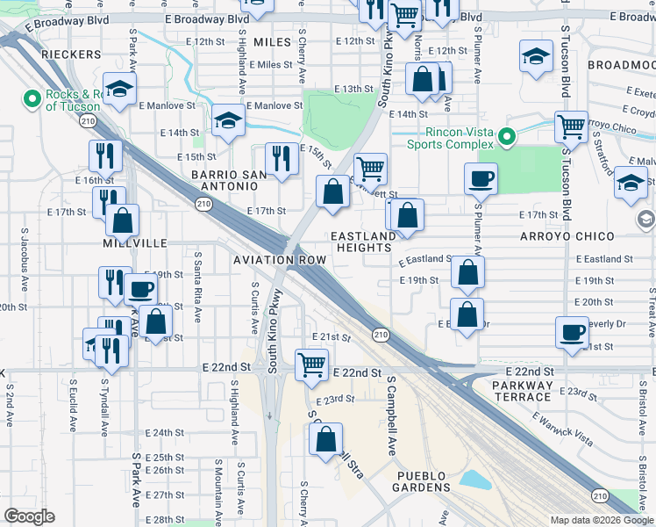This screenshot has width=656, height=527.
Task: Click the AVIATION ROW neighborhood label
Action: coord(279,260)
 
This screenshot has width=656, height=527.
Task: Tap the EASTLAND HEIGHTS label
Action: coord(362,242)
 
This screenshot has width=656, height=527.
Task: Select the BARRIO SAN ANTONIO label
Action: coord(228,183)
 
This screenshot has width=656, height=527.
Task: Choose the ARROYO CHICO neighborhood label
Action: coord(589,237)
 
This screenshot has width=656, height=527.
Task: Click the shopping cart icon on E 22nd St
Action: coord(312,364)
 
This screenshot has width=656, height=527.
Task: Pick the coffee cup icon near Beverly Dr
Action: coord(572,333)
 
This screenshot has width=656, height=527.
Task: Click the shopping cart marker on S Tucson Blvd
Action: coord(571,126)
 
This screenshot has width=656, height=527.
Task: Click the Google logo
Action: coord(30,516)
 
